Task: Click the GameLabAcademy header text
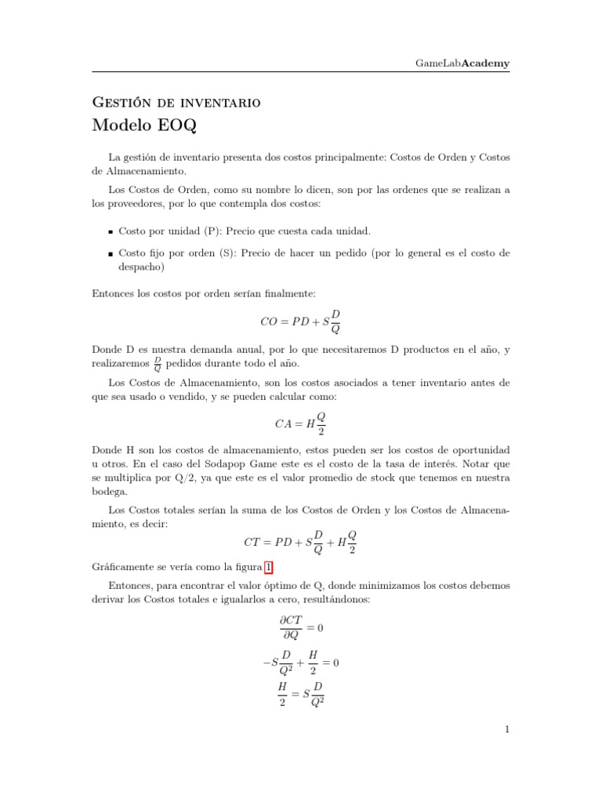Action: click(x=462, y=63)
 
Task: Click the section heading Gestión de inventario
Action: click(x=176, y=102)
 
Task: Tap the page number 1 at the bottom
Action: click(x=507, y=730)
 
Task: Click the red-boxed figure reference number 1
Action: click(x=270, y=567)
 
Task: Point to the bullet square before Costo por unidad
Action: click(x=111, y=232)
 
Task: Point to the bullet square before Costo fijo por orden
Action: click(x=111, y=254)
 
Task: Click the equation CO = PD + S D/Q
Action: click(x=300, y=321)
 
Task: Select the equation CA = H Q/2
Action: click(x=300, y=423)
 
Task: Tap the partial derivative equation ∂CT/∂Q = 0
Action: click(x=300, y=627)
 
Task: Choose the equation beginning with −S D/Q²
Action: click(x=302, y=663)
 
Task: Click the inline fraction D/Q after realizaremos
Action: click(x=158, y=363)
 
